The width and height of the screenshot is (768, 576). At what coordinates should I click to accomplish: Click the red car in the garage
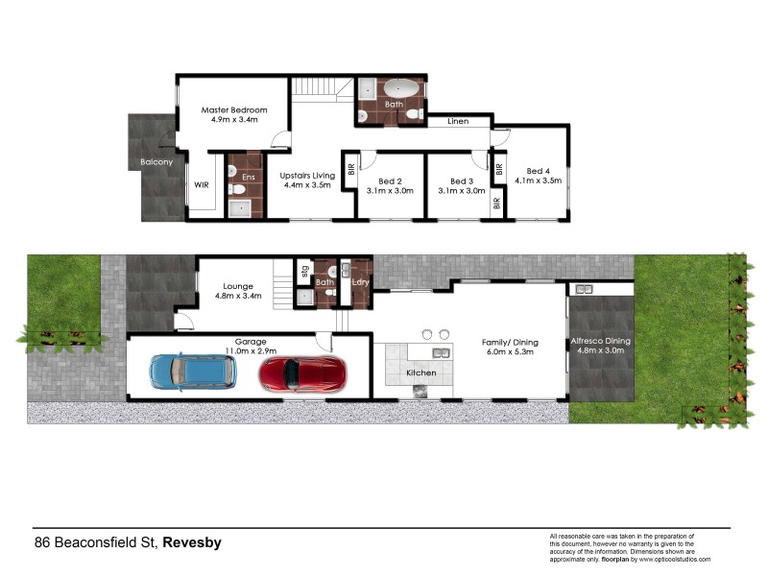pyautogui.click(x=301, y=373)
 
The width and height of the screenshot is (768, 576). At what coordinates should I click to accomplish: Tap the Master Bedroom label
pyautogui.click(x=233, y=110)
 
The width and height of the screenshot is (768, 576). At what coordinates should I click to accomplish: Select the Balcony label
pyautogui.click(x=156, y=162)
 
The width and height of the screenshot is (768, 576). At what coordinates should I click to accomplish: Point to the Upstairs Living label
pyautogui.click(x=307, y=176)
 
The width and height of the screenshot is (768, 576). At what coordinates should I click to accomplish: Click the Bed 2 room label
pyautogui.click(x=389, y=180)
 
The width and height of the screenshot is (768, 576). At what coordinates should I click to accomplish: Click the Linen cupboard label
pyautogui.click(x=458, y=122)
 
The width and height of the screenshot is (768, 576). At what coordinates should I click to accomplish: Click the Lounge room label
pyautogui.click(x=236, y=285)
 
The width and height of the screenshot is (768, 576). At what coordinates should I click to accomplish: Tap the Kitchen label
pyautogui.click(x=421, y=372)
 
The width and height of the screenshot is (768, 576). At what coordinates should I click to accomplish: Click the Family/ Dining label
pyautogui.click(x=510, y=342)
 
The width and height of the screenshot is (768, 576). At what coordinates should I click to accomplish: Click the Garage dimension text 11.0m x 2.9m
pyautogui.click(x=246, y=350)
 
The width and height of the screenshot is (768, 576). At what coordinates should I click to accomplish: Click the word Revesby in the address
pyautogui.click(x=192, y=542)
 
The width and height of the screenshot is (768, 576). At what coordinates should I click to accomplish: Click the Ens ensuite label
pyautogui.click(x=249, y=177)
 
